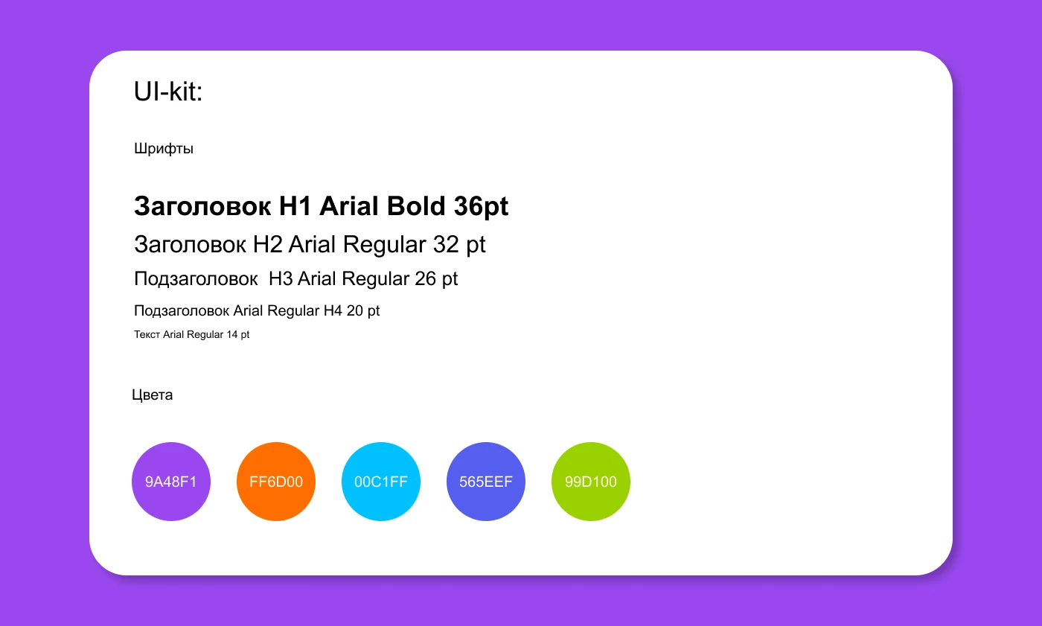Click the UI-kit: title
point(168,91)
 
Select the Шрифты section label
point(164,149)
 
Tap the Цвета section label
point(152,395)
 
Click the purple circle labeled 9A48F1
point(171,482)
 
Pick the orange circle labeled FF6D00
point(276,482)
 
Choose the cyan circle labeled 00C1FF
point(381,482)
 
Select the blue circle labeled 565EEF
point(485,482)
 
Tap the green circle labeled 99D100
point(591,482)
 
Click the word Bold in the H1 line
point(416,205)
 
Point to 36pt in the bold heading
point(481,207)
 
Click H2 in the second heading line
point(267,244)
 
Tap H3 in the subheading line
point(281,278)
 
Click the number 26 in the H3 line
point(425,278)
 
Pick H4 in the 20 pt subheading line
point(333,310)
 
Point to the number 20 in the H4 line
point(354,310)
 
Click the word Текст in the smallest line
point(147,334)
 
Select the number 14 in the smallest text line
point(232,334)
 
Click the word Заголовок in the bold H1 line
point(202,206)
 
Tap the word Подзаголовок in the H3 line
point(196,279)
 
